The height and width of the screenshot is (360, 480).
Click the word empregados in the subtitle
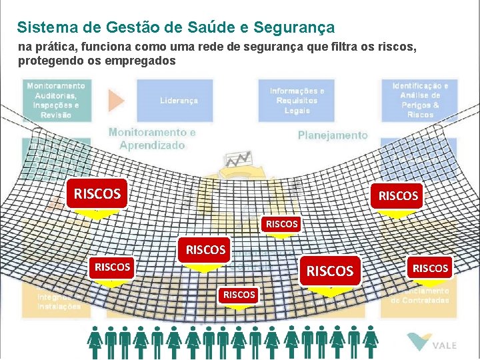click(x=140, y=61)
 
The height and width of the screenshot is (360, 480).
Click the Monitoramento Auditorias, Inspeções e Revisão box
click(x=56, y=100)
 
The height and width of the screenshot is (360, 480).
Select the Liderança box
click(x=179, y=100)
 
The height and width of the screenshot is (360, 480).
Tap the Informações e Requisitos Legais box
click(x=297, y=100)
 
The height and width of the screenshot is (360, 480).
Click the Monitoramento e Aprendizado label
click(x=152, y=138)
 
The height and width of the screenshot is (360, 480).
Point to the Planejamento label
click(x=333, y=135)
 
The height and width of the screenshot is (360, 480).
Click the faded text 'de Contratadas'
click(x=419, y=300)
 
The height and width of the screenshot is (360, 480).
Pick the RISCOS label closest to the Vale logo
click(x=430, y=268)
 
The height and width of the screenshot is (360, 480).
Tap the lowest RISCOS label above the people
click(x=239, y=294)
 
